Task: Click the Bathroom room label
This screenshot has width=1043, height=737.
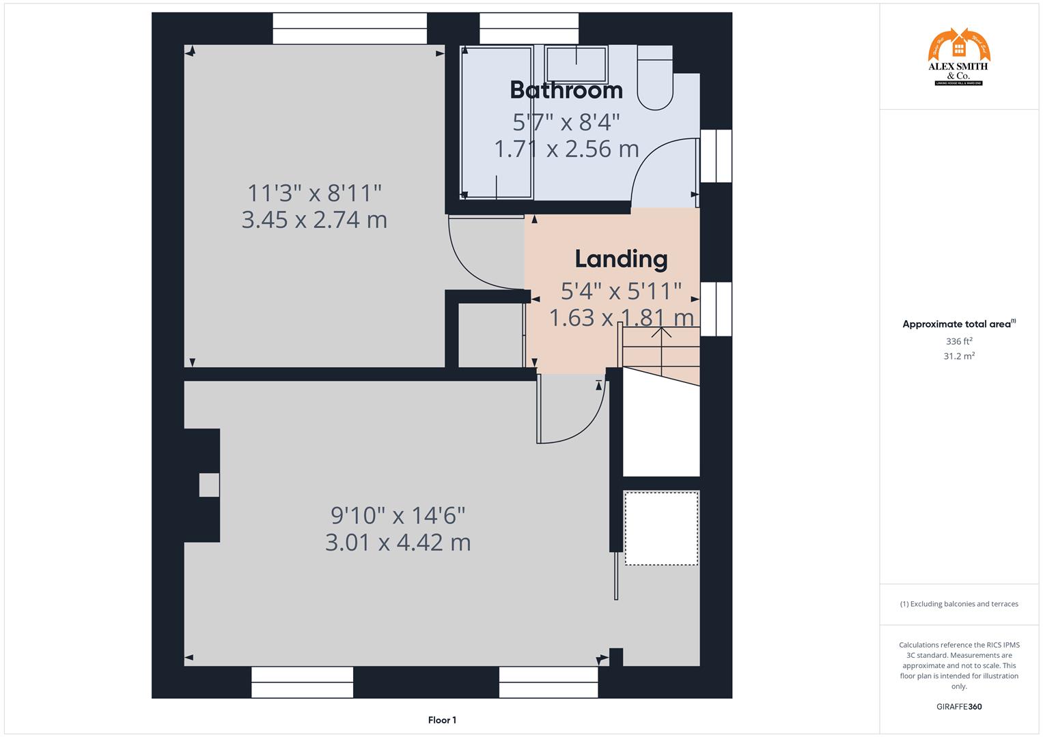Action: coord(566,90)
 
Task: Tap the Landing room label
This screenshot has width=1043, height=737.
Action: coord(621,259)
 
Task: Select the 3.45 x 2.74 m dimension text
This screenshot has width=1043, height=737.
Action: coord(314,220)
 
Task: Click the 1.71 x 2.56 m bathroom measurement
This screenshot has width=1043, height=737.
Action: coord(566,149)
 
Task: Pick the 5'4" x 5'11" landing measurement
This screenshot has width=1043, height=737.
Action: coord(621,291)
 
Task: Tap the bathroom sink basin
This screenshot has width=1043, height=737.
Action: coord(576,62)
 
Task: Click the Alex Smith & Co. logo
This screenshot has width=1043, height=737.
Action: coord(958,58)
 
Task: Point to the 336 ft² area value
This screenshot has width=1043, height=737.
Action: coord(958,341)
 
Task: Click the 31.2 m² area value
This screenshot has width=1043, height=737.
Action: coord(958,356)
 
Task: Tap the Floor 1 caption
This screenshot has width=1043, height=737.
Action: coord(442,720)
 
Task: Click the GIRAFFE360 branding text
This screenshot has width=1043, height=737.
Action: coord(958,707)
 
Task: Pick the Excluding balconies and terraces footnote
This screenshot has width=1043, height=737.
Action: coord(958,604)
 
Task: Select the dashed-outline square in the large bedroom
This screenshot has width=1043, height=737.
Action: coord(661,528)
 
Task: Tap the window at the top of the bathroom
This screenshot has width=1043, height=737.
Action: coord(529,29)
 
